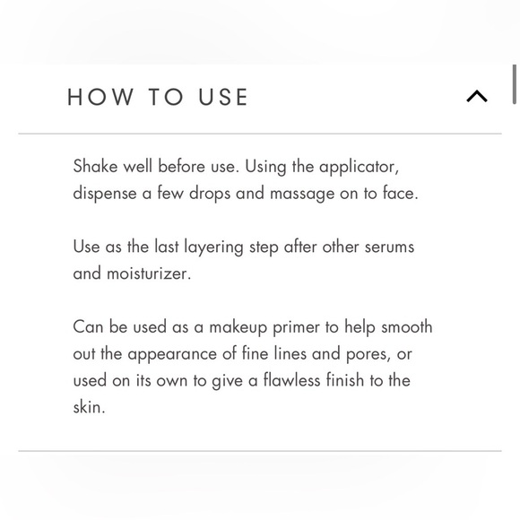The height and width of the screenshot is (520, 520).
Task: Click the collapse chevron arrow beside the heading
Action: click(x=477, y=96)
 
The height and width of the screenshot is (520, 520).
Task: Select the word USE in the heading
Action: click(x=221, y=97)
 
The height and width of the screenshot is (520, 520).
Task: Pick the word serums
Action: click(x=387, y=247)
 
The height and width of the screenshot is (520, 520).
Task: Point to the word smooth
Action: click(x=406, y=327)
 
